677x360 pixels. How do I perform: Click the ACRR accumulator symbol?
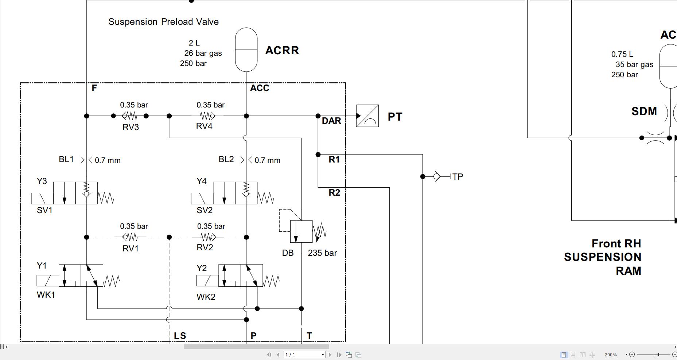coord(246,50)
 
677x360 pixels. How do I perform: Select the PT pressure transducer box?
coord(367,116)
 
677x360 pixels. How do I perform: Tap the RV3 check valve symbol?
coord(129,116)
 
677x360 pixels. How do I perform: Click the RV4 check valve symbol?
coord(208,116)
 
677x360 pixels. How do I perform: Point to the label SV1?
coord(44,210)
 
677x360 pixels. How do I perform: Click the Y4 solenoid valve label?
coord(202,181)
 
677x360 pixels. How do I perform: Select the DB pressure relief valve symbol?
coord(301,231)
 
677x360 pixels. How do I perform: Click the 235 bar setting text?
coord(322,253)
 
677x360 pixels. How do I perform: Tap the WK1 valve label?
coord(46,295)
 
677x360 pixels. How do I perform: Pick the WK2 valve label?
coord(206,297)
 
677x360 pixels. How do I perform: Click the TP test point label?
coord(458,177)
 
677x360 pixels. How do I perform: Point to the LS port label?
coord(180,336)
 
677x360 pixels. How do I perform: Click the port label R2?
coord(334,192)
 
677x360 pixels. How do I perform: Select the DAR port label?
coord(331,121)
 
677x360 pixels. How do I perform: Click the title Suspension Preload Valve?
coord(163,22)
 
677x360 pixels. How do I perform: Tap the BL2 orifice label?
coord(226,159)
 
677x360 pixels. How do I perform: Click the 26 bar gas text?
coord(203,53)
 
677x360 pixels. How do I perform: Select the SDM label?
coord(644,111)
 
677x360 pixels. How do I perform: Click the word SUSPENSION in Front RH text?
coord(602,257)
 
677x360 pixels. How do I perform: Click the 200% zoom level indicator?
coord(610,355)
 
